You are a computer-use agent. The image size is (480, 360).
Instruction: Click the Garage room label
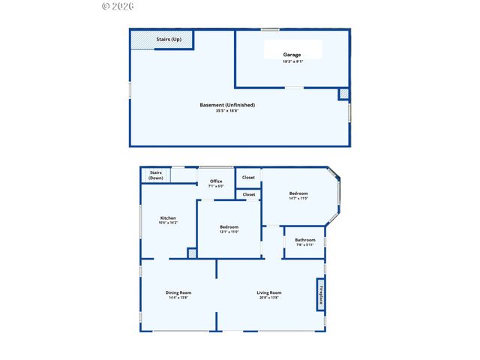click(x=292, y=55)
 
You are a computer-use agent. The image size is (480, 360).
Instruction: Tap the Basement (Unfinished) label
click(x=227, y=105)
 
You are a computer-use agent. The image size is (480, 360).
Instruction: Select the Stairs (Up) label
click(x=168, y=39)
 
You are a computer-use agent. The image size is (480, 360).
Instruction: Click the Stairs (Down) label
click(x=155, y=175)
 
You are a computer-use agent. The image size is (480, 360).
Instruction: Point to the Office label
click(x=216, y=181)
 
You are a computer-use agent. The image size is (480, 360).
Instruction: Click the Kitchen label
click(x=167, y=218)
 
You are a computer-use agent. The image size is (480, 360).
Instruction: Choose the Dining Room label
click(x=178, y=292)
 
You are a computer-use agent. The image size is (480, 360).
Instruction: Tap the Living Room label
click(x=268, y=292)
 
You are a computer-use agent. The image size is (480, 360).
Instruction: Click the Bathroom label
click(x=305, y=240)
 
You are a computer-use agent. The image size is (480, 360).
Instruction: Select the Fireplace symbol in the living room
click(x=321, y=293)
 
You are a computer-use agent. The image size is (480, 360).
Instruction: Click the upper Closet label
click(x=248, y=178)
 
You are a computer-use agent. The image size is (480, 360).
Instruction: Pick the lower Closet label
click(x=248, y=194)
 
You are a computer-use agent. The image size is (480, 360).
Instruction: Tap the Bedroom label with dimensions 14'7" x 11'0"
click(x=298, y=193)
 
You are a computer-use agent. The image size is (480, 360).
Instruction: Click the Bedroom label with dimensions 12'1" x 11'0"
click(x=229, y=227)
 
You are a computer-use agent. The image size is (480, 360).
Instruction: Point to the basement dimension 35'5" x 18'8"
click(x=227, y=111)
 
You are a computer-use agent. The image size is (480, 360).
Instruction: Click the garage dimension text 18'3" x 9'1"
click(x=292, y=61)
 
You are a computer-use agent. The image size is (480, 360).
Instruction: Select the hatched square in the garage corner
click(x=343, y=94)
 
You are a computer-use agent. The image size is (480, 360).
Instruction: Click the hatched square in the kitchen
click(x=192, y=253)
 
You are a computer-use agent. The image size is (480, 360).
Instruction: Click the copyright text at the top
click(x=117, y=6)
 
